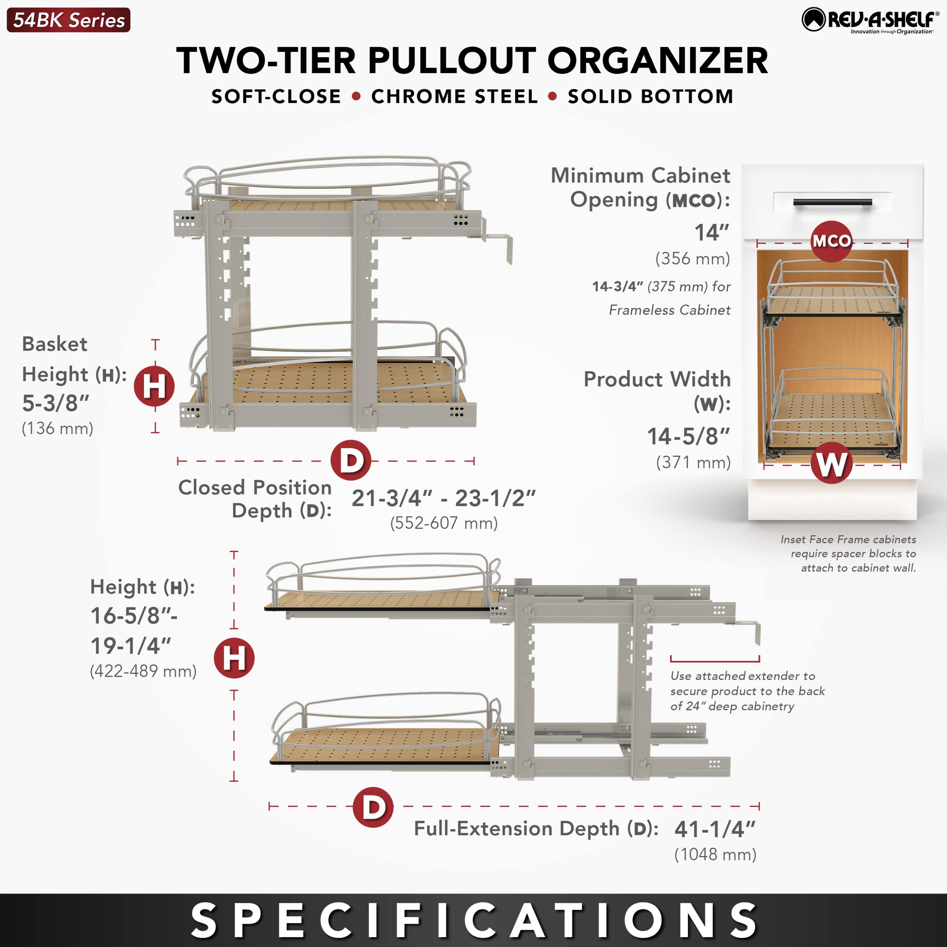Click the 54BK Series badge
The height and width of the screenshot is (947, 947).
pyautogui.click(x=69, y=20)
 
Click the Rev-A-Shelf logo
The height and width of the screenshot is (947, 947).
pyautogui.click(x=870, y=20)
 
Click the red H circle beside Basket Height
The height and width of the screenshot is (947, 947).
pyautogui.click(x=154, y=386)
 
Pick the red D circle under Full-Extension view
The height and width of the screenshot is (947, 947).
pyautogui.click(x=373, y=807)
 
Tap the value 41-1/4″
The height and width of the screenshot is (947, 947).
pyautogui.click(x=715, y=829)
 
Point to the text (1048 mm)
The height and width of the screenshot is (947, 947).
pyautogui.click(x=715, y=854)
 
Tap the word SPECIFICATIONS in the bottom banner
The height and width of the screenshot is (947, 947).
pyautogui.click(x=473, y=920)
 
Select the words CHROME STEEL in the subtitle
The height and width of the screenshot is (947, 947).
pyautogui.click(x=454, y=97)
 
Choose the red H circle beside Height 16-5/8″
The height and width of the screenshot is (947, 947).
pyautogui.click(x=234, y=658)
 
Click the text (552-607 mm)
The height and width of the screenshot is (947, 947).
pyautogui.click(x=444, y=523)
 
